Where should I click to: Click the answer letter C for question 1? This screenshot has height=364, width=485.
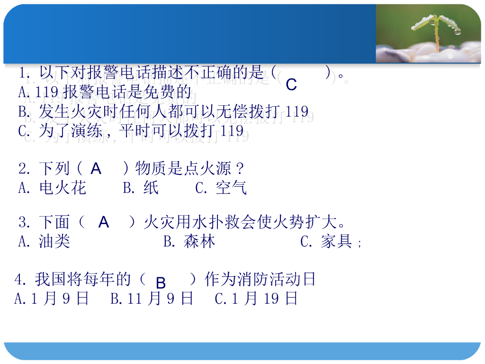pyautogui.click(x=291, y=85)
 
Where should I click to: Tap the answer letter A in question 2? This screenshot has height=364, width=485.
pyautogui.click(x=96, y=169)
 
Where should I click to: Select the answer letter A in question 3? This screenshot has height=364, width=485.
pyautogui.click(x=104, y=222)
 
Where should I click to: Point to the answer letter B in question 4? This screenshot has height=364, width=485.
pyautogui.click(x=161, y=283)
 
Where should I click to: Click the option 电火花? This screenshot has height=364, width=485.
pyautogui.click(x=63, y=188)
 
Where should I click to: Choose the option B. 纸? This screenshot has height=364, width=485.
pyautogui.click(x=141, y=188)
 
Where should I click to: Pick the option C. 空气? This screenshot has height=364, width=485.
pyautogui.click(x=221, y=188)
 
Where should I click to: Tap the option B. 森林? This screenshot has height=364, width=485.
pyautogui.click(x=189, y=242)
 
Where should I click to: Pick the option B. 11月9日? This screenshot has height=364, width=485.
pyautogui.click(x=152, y=299)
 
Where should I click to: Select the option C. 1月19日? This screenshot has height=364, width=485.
pyautogui.click(x=256, y=299)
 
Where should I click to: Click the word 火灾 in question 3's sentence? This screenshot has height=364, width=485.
pyautogui.click(x=159, y=222)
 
